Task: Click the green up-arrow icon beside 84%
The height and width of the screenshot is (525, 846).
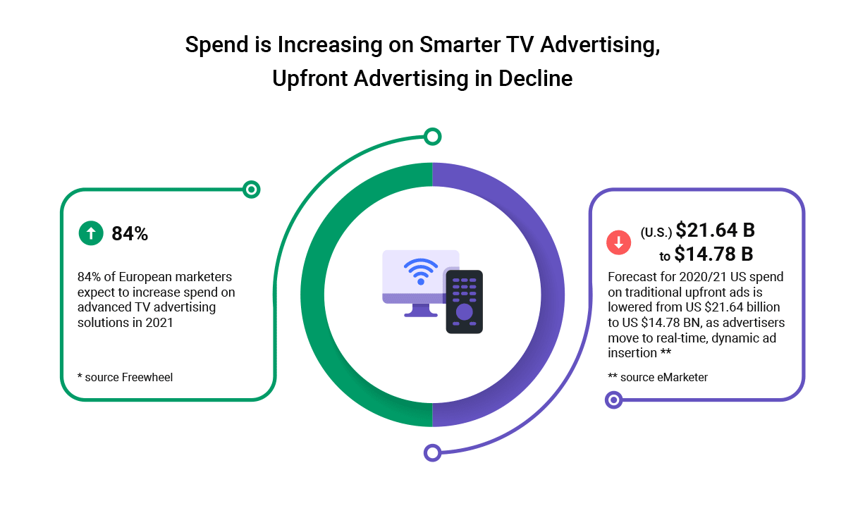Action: tap(91, 233)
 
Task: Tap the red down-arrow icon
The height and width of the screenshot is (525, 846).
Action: tap(619, 242)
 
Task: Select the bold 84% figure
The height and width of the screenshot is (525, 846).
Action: tap(130, 234)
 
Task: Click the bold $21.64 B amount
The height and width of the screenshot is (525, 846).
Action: tap(715, 230)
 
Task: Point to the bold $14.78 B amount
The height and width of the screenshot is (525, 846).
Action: tap(713, 254)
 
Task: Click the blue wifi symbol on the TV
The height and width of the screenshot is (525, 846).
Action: tap(421, 271)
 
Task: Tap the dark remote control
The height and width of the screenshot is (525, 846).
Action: tap(464, 302)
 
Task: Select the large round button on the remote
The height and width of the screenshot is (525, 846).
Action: tap(464, 312)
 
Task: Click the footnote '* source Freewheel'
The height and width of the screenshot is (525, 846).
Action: tap(125, 377)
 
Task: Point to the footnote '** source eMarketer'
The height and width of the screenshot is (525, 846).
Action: tap(658, 377)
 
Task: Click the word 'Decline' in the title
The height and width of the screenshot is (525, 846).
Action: tap(536, 78)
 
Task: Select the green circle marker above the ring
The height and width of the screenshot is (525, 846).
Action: tap(432, 137)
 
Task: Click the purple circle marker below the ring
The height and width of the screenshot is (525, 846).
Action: tap(432, 452)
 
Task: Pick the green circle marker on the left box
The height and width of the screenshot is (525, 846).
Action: tap(251, 190)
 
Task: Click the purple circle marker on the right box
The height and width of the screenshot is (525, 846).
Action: tap(614, 400)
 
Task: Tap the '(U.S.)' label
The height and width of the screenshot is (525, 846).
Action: tap(656, 233)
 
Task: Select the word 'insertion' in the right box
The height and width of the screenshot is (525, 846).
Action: tap(632, 353)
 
